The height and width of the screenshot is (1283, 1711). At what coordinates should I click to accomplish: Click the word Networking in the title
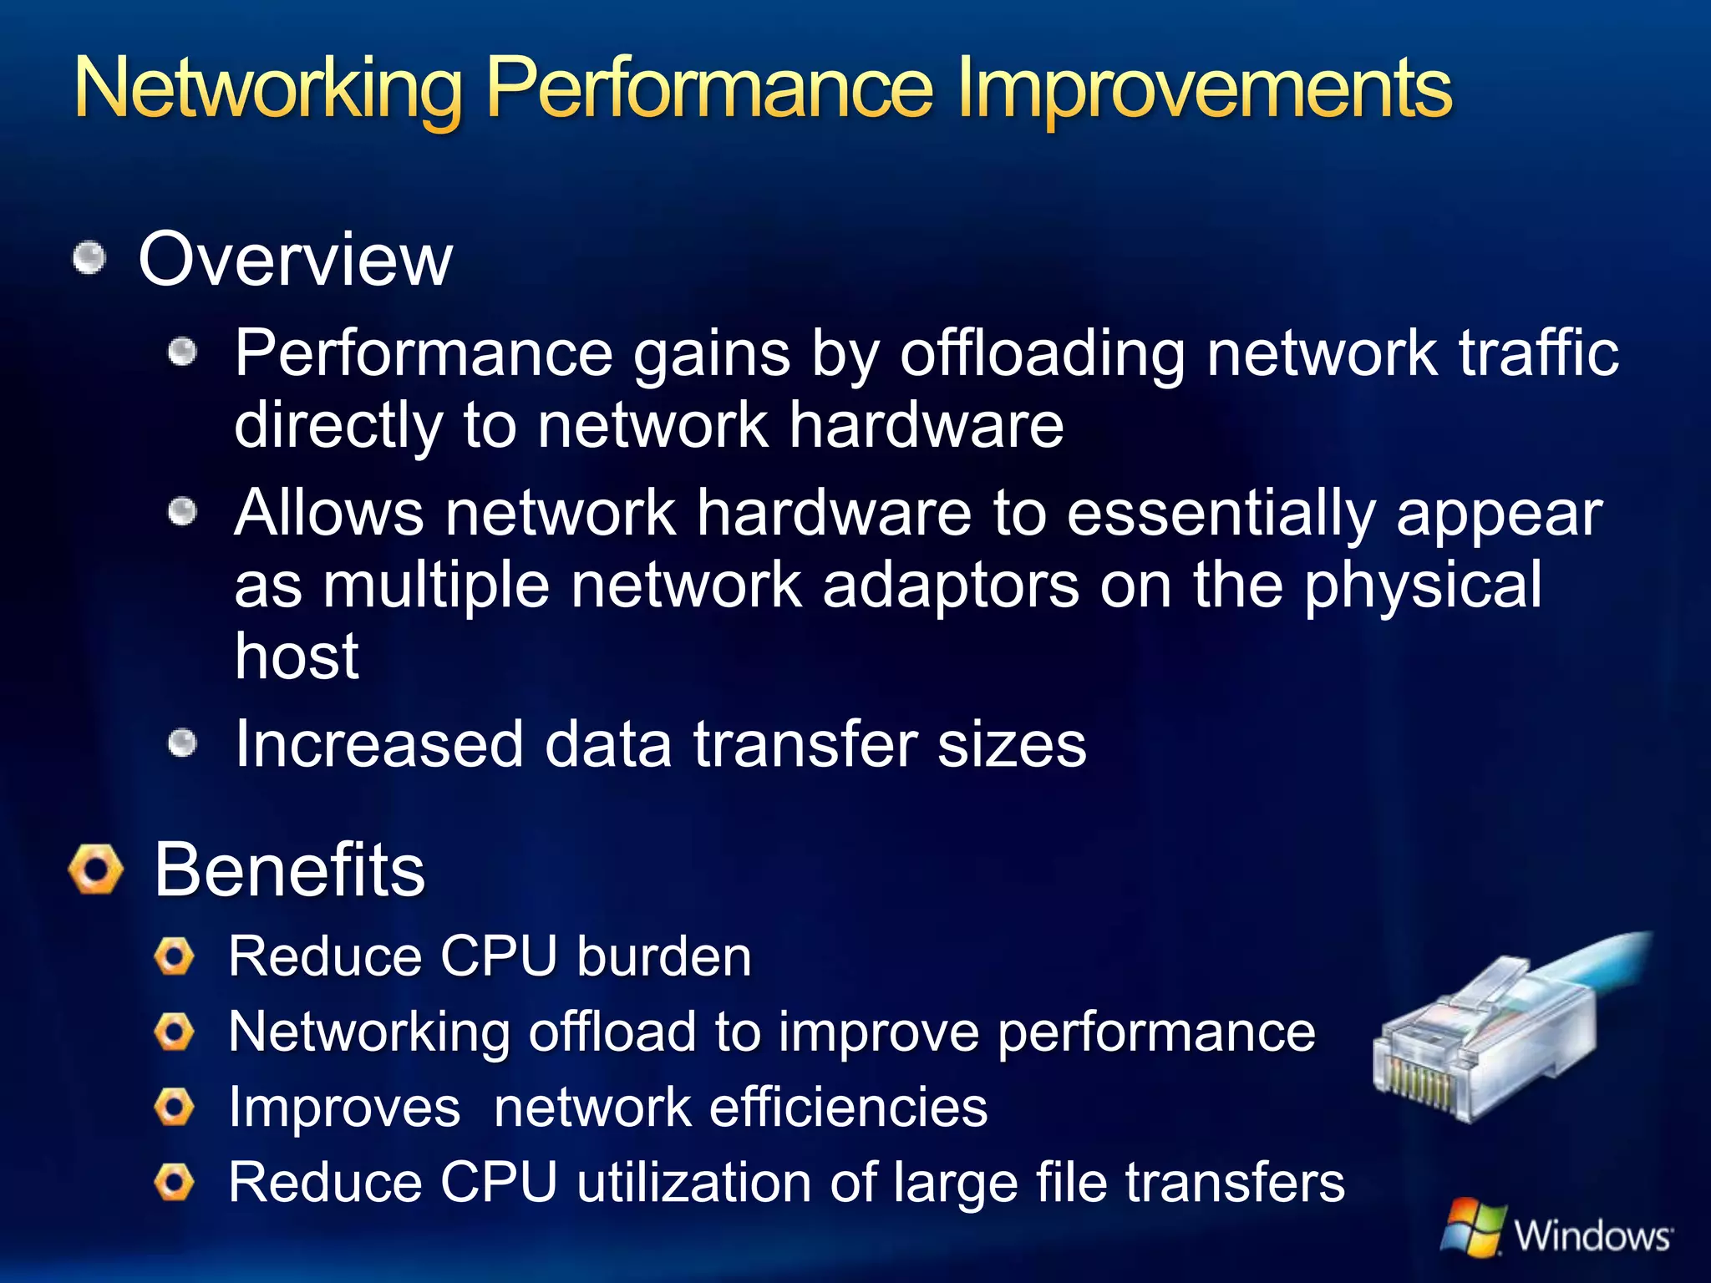pos(267,89)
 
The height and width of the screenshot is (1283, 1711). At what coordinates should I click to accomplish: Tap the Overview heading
pos(295,260)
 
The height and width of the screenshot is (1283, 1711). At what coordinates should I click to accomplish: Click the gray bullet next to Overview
pos(89,258)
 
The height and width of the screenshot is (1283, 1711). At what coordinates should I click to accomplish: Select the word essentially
pos(1221,513)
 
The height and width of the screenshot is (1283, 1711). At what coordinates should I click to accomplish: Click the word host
pos(297,657)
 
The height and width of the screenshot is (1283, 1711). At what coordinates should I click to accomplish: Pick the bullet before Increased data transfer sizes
pos(182,743)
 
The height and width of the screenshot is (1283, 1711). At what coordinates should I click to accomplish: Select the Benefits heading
pos(290,870)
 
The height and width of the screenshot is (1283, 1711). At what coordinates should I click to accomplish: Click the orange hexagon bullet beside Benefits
pos(96,869)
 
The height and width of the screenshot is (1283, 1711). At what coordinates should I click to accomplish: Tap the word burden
pos(664,956)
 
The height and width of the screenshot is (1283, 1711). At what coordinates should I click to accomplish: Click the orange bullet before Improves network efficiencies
pos(175,1108)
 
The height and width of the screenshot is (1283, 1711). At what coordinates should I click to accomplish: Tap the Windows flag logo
pos(1472,1226)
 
